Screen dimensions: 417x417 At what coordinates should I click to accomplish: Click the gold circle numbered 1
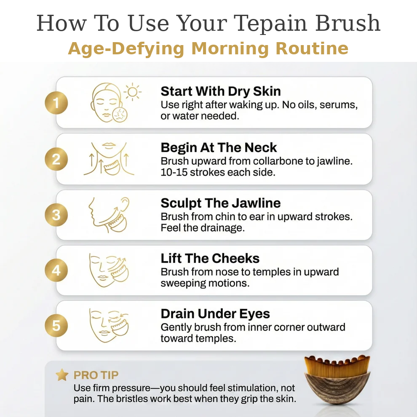(x=56, y=103)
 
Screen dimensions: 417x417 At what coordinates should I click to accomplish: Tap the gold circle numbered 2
(x=56, y=159)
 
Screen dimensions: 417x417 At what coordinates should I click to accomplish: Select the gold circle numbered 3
(x=56, y=215)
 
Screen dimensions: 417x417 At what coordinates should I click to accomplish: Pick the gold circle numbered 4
(x=56, y=270)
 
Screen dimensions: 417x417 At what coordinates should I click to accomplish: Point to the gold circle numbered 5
(x=56, y=326)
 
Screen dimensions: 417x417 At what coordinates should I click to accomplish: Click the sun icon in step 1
(x=133, y=91)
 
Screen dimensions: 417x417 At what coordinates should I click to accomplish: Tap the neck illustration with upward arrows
(x=109, y=159)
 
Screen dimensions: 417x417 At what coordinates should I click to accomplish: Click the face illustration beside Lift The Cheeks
(x=109, y=270)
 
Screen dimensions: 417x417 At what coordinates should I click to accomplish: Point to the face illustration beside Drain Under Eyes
(x=109, y=326)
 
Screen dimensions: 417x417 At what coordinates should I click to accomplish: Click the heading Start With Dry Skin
(x=221, y=91)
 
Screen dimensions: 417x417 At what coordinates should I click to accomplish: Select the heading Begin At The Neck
(x=219, y=148)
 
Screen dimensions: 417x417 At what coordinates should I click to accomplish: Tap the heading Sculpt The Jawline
(x=220, y=203)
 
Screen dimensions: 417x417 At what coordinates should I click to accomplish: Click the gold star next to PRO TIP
(x=62, y=375)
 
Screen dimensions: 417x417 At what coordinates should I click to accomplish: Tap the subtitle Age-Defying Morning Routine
(x=208, y=49)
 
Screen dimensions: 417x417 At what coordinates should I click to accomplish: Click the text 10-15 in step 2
(x=174, y=173)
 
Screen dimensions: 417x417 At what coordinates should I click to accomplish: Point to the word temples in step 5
(x=216, y=339)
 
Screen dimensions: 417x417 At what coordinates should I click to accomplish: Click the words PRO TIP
(x=96, y=375)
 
